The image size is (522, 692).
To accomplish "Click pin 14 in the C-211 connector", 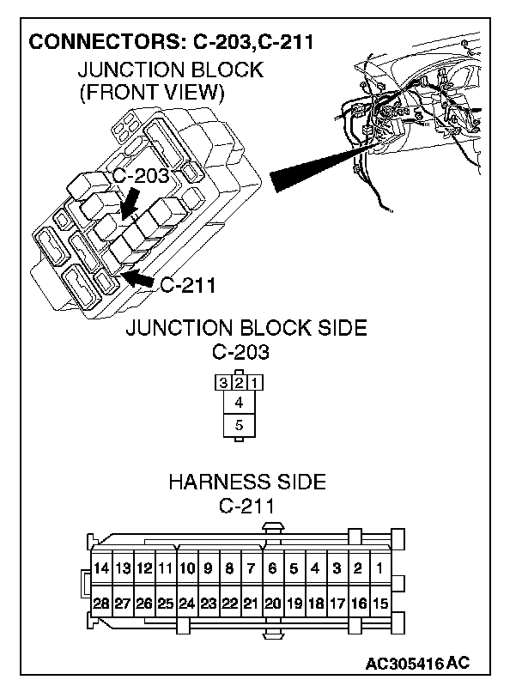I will [x=101, y=568].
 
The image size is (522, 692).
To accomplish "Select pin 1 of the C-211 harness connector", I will [x=379, y=568].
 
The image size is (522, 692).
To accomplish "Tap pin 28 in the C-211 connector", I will [x=101, y=603].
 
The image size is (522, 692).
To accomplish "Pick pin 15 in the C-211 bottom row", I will [x=379, y=603].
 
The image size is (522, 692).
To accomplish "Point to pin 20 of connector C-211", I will [x=272, y=603].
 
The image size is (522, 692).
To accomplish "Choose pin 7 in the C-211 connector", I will [x=251, y=568].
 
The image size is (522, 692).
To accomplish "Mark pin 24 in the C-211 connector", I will [x=187, y=603].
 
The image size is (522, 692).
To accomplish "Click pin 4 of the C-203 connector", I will [x=239, y=402].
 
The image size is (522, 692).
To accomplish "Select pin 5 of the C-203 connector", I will [x=239, y=425].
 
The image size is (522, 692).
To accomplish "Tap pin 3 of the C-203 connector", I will [x=223, y=381].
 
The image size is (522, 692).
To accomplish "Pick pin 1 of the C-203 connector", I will [x=255, y=381].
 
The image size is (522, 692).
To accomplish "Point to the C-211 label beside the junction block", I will [x=187, y=285].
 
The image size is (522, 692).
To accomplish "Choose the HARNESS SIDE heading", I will [x=246, y=482].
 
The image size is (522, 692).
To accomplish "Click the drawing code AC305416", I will [x=404, y=664].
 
